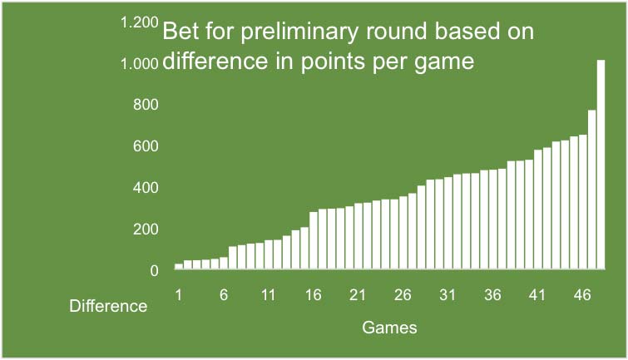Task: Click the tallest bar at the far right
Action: click(x=601, y=164)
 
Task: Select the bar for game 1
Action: click(x=179, y=266)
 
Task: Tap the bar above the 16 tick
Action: click(x=314, y=240)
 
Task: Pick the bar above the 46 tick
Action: click(x=583, y=201)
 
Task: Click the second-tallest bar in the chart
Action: click(x=592, y=190)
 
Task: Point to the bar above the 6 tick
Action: click(x=224, y=263)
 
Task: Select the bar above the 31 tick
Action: click(x=448, y=223)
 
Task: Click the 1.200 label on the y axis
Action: click(x=140, y=22)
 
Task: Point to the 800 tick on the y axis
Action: click(x=146, y=105)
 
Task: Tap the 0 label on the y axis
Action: click(x=154, y=271)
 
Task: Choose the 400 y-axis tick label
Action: click(x=146, y=188)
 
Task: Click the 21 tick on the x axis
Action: click(x=358, y=295)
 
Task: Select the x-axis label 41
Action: click(x=537, y=295)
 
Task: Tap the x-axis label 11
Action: click(x=269, y=295)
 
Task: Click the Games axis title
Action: click(x=389, y=328)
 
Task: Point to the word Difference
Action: click(x=108, y=306)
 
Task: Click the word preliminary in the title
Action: click(x=299, y=32)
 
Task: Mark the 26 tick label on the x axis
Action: click(x=403, y=295)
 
